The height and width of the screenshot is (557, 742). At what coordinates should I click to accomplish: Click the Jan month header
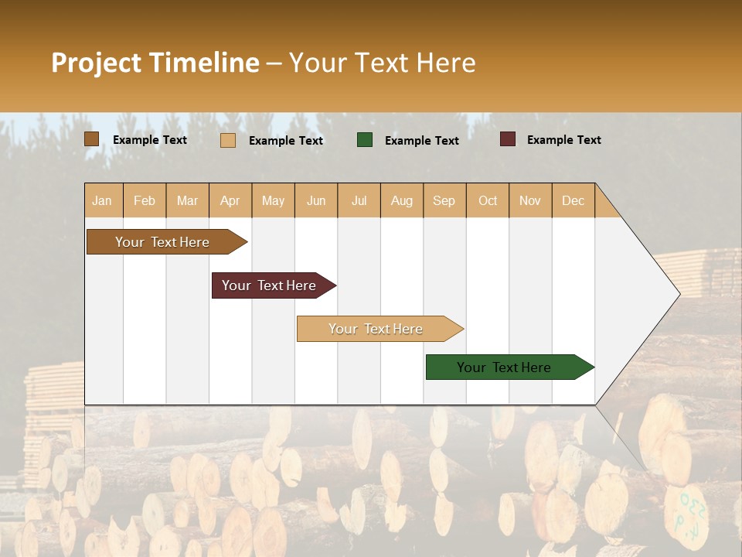pos(102,200)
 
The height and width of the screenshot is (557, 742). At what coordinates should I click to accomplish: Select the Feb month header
pos(145,200)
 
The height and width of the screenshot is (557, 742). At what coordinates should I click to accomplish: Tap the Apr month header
pos(230,200)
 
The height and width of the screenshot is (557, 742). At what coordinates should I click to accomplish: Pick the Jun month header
pos(316,200)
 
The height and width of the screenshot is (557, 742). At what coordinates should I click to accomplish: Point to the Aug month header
pos(401,200)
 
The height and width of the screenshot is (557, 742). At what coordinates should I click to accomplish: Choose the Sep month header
pos(444,200)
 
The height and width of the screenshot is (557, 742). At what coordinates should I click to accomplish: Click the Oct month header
pos(488,200)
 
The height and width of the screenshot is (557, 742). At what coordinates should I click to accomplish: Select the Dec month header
pos(573,200)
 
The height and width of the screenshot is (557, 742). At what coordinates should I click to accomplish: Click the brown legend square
pos(91,139)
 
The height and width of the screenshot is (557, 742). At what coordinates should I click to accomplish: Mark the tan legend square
pos(228,140)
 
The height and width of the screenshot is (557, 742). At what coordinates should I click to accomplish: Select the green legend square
pos(365,140)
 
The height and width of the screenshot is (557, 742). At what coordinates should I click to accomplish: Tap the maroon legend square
pos(508,139)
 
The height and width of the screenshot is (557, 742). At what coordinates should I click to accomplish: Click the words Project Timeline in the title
pos(155,63)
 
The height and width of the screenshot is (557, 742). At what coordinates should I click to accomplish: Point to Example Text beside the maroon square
pos(563,140)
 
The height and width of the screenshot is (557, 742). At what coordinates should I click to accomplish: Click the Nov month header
pos(529,200)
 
